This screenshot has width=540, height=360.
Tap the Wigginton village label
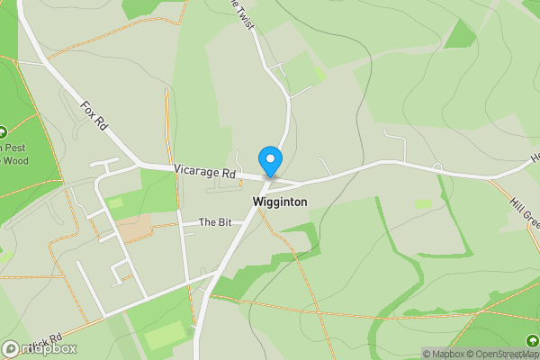coord(280,202)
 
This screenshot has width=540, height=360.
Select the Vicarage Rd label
coord(204,171)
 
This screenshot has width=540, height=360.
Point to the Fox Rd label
coord(94,116)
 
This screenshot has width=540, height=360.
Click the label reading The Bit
coord(215,222)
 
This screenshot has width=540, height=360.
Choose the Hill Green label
coord(525,210)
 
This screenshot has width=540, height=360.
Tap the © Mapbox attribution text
coord(443,354)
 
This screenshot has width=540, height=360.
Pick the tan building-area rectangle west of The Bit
coord(134,228)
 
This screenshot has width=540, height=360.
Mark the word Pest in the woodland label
coord(18,148)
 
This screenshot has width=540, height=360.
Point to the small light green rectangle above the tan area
coord(114,203)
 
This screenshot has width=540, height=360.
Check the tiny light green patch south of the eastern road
coord(423,204)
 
